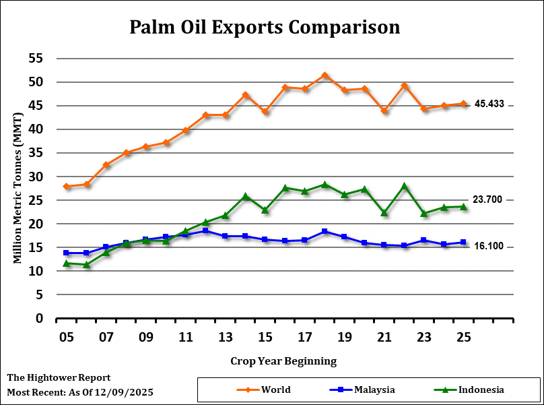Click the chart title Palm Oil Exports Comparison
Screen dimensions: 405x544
coord(265,28)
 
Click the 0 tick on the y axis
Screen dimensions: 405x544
coord(40,318)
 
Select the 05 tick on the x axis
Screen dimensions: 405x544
coord(66,336)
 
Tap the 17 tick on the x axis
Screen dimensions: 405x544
coord(304,336)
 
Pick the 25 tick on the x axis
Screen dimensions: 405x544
coord(463,336)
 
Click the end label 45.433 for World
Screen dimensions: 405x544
coord(489,104)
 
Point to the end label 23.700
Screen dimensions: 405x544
coord(489,199)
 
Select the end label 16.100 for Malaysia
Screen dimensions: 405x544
coord(489,247)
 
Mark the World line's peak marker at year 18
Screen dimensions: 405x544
coord(325,75)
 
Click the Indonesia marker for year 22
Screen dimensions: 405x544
coord(404,186)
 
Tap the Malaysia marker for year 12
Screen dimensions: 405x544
coord(205,230)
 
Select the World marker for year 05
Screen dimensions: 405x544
coord(66,186)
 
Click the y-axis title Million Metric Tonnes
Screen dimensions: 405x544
coord(18,188)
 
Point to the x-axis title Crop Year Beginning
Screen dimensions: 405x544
coord(283,361)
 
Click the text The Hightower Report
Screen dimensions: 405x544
coord(59,378)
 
